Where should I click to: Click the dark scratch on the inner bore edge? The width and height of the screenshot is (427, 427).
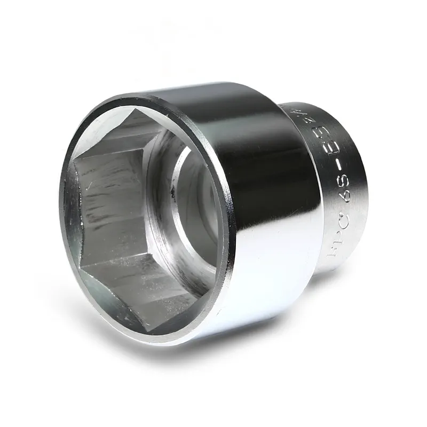pos(172,189)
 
